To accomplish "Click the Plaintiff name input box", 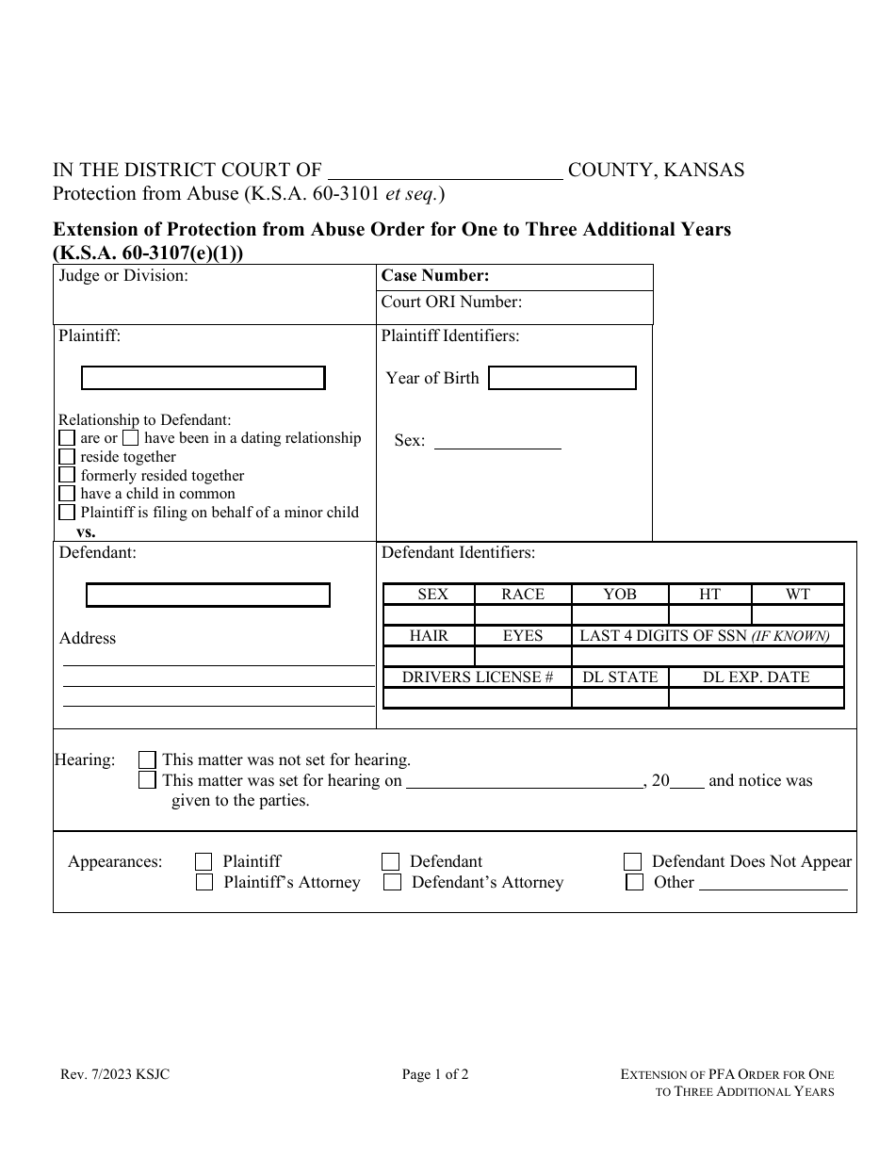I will pos(203,378).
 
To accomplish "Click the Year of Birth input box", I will pos(561,378).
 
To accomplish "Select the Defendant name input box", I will pos(207,596).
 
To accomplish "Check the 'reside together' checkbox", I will pos(67,457).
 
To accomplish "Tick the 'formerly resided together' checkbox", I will pos(67,476).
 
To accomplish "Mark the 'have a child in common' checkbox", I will pos(67,494).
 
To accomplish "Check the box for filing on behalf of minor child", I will pos(67,513).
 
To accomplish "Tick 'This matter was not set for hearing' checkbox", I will pos(147,759).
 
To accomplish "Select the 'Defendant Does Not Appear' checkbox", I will pos(634,862).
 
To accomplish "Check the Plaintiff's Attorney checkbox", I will pos(203,883).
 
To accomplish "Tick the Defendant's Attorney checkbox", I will pos(392,883).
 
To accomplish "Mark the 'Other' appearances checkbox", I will pos(635,883).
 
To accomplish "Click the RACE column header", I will pos(522,595).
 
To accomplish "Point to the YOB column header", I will pos(619,595).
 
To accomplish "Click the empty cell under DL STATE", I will pos(619,698).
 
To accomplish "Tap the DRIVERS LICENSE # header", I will pos(477,677).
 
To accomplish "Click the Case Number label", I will pos(434,276).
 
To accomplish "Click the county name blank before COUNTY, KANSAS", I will pos(444,171).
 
